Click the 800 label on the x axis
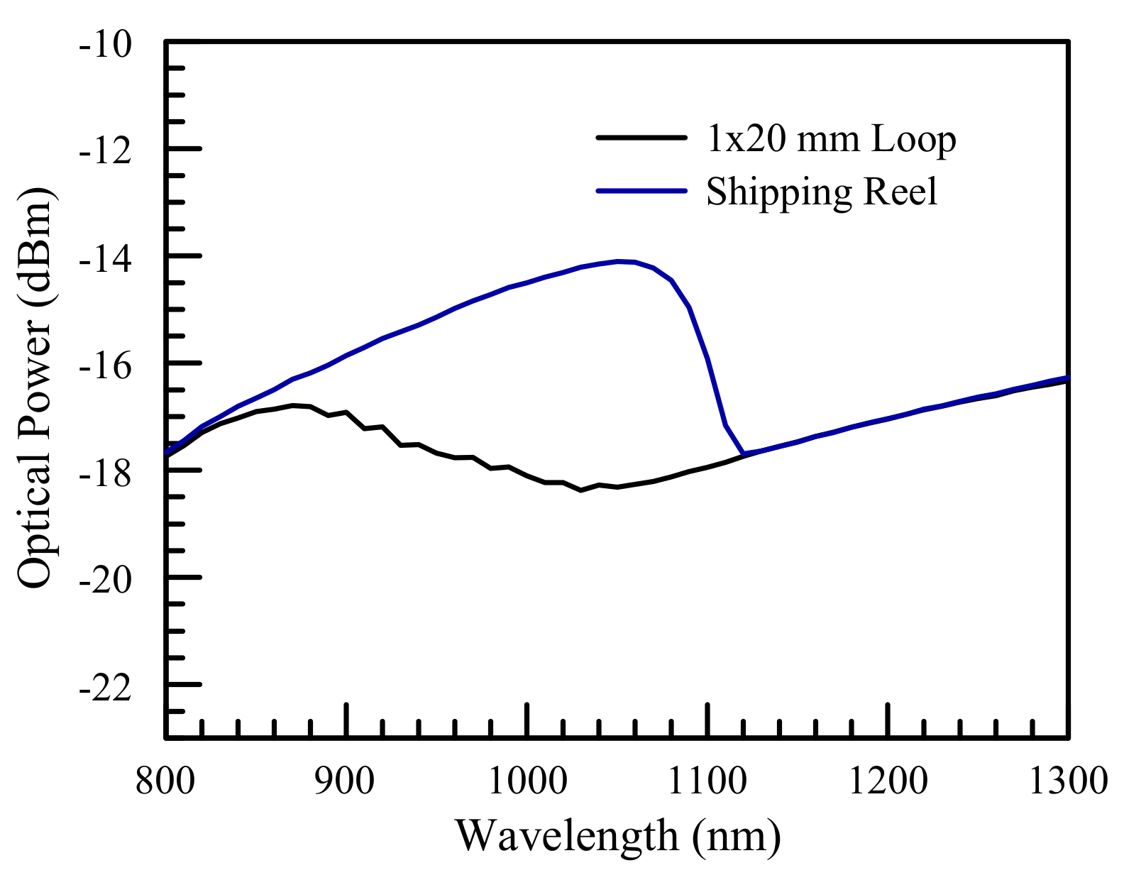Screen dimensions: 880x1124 (165, 781)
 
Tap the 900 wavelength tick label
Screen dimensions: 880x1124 (346, 781)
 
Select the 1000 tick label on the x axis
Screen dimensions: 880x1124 (527, 781)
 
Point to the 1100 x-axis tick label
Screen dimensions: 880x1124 (707, 781)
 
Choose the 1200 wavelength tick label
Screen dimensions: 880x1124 (888, 781)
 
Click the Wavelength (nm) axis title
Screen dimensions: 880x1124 (617, 836)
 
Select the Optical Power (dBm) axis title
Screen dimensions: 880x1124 (35, 389)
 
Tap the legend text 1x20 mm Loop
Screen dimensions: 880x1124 (831, 139)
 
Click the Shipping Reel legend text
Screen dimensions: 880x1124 (822, 192)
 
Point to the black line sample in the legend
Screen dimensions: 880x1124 (641, 138)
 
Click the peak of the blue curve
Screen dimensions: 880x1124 (619, 261)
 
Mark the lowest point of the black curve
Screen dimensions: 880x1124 (581, 490)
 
